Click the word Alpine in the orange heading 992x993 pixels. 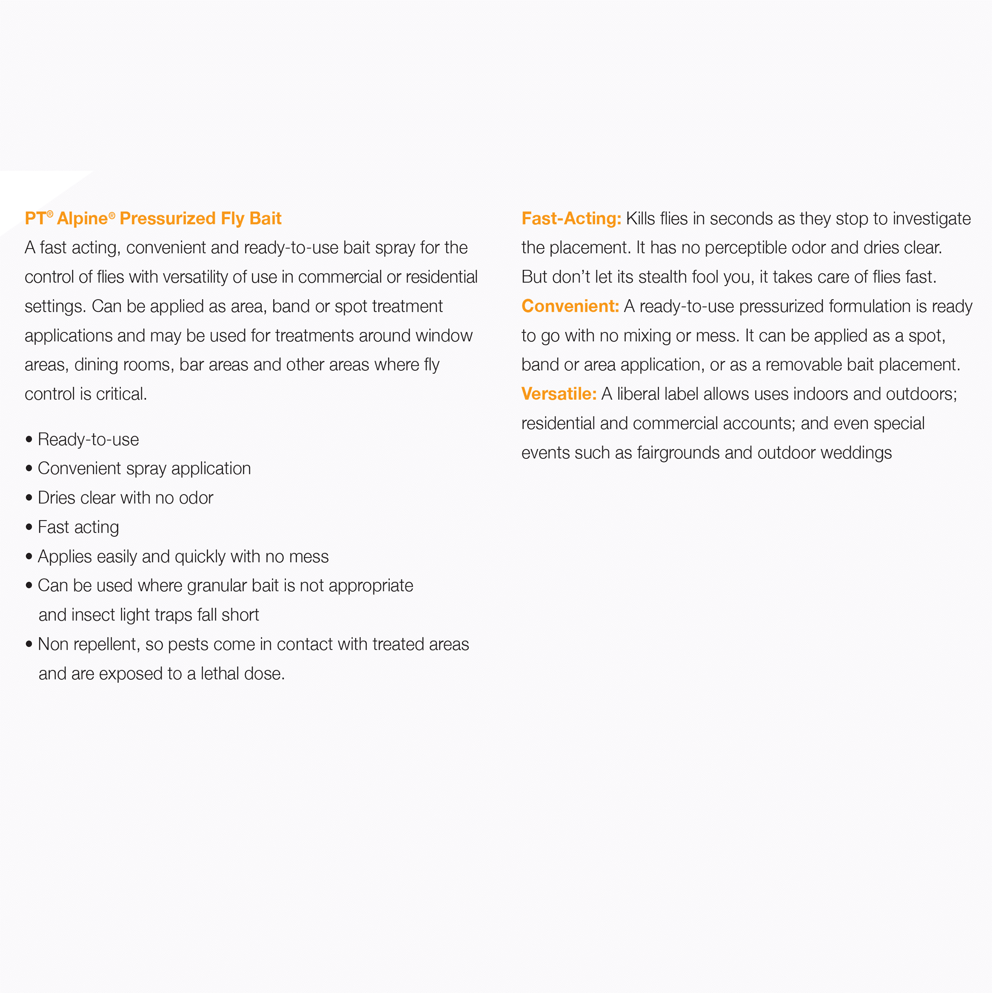click(x=82, y=218)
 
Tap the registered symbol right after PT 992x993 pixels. click(x=50, y=214)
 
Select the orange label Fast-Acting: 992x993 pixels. click(x=571, y=218)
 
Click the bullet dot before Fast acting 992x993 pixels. click(x=29, y=527)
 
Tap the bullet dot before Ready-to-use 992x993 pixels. click(x=29, y=439)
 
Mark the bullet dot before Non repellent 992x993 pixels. click(x=29, y=645)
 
